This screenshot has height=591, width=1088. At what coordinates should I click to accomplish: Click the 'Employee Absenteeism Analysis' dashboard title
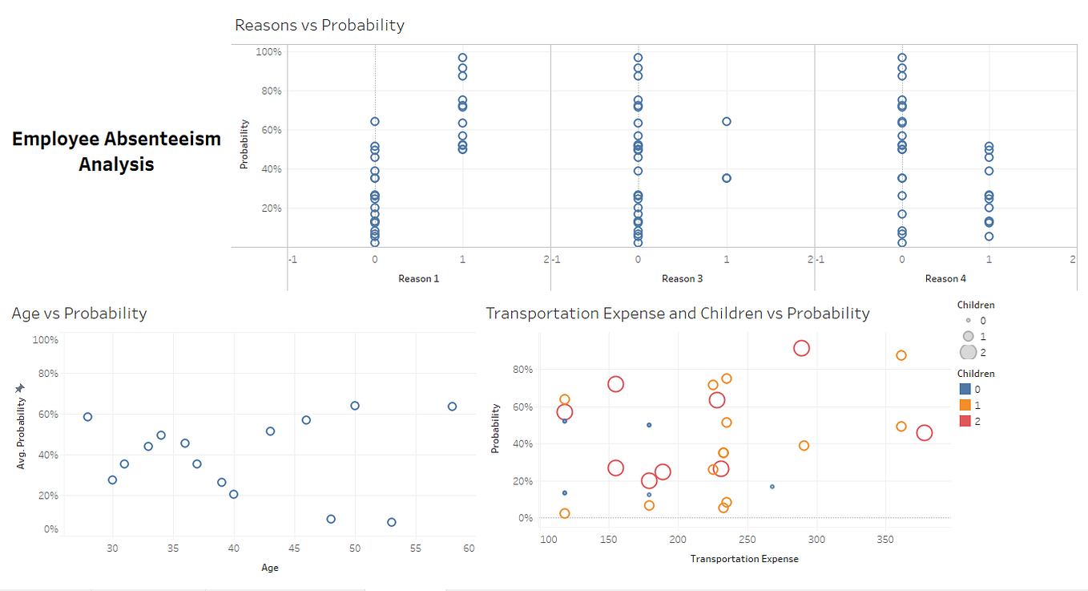(116, 151)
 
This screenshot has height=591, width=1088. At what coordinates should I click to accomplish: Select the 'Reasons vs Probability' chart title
(319, 25)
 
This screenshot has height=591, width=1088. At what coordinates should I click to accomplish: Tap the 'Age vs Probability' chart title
(79, 313)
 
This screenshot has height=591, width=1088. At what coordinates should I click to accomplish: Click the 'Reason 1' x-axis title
(418, 278)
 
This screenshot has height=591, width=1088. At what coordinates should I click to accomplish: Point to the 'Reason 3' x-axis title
(682, 278)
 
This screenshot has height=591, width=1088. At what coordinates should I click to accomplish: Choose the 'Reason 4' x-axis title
(945, 278)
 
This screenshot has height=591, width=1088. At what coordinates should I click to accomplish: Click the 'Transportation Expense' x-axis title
(743, 559)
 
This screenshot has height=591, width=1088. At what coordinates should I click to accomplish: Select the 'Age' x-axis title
(270, 568)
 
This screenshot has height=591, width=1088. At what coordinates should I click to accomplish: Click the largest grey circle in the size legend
(968, 352)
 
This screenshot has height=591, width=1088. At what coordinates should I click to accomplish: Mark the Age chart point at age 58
(452, 407)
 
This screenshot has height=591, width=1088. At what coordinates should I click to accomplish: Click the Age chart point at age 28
(87, 417)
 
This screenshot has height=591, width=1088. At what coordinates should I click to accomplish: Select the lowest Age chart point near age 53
(392, 522)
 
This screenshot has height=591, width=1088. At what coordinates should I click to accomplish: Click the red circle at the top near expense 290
(801, 348)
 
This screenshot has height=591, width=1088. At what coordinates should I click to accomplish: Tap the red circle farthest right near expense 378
(924, 433)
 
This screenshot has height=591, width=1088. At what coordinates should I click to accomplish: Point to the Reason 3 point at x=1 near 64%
(727, 122)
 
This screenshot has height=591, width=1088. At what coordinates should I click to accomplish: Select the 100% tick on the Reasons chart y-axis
(268, 52)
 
